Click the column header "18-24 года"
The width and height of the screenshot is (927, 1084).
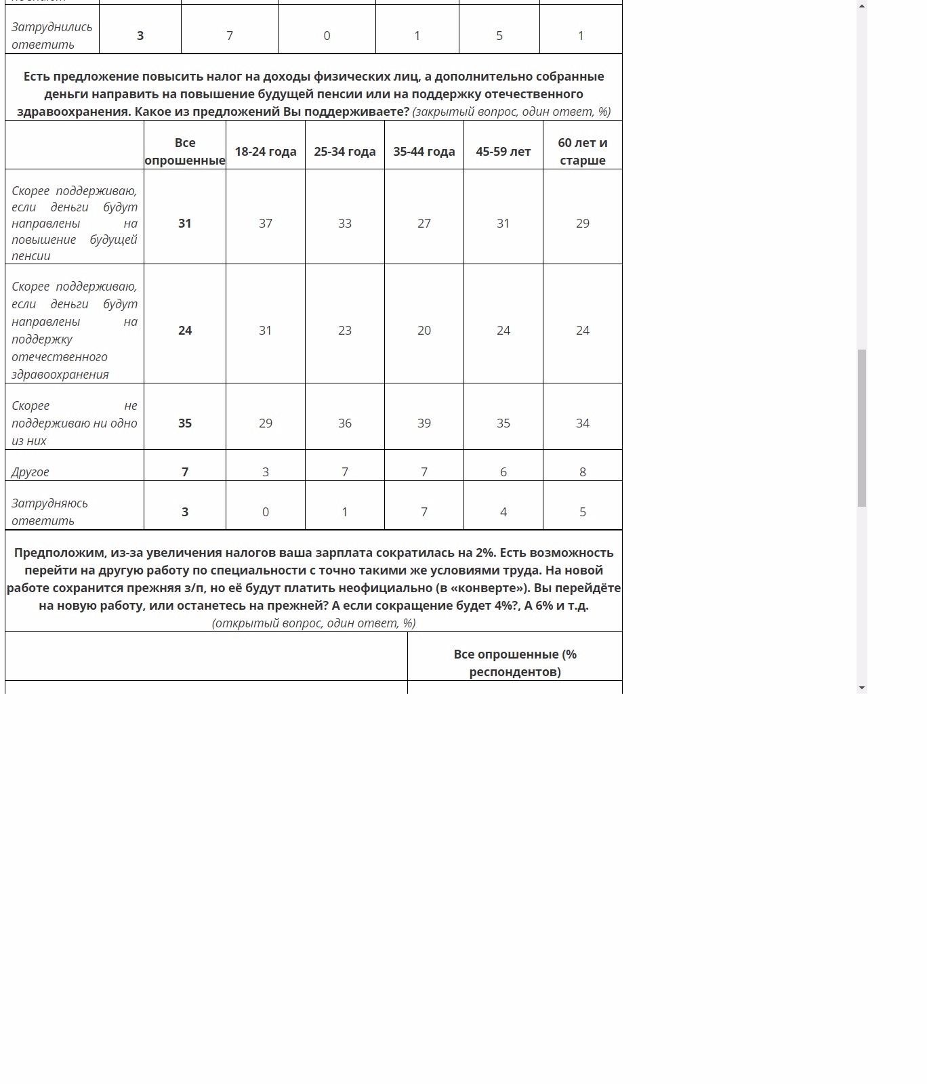[266, 152]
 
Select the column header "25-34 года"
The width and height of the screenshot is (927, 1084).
[345, 152]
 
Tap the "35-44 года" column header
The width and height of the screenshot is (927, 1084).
[424, 152]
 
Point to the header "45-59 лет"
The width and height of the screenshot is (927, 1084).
[503, 152]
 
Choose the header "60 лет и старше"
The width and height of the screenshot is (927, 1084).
[583, 152]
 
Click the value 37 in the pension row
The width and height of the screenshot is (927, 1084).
[266, 224]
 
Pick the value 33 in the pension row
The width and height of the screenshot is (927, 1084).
[345, 224]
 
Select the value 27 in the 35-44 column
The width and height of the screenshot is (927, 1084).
[424, 224]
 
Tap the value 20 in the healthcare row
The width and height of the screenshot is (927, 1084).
[424, 331]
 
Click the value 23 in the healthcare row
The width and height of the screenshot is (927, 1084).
[345, 331]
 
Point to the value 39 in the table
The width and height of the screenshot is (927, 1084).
[424, 423]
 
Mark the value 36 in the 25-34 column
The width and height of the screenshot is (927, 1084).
[345, 423]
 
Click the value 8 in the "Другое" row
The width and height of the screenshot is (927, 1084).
[583, 472]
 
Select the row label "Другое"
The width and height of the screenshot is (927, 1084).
[30, 472]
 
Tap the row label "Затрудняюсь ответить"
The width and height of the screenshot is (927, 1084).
[49, 512]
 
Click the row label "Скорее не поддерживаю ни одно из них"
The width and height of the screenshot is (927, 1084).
[74, 423]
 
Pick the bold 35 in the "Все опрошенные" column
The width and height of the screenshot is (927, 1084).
[185, 423]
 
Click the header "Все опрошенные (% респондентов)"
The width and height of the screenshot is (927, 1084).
[515, 663]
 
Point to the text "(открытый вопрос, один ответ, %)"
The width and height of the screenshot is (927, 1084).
[314, 623]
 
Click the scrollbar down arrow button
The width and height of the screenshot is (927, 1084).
[862, 688]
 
